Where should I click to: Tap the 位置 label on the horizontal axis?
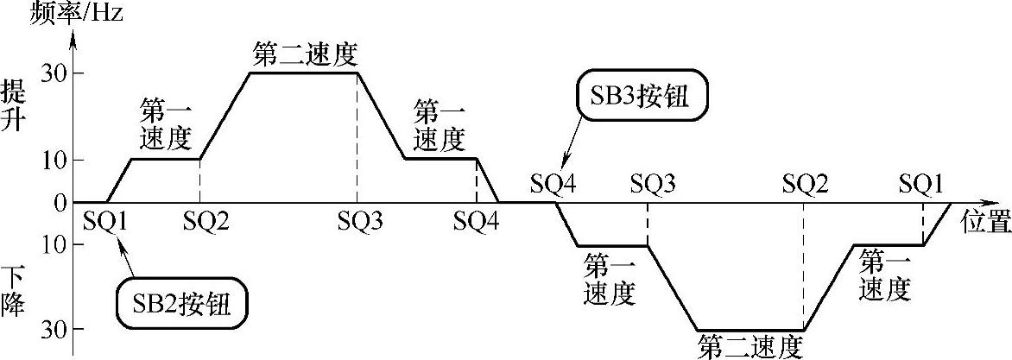tap(985, 224)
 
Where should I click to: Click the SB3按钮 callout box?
tap(640, 98)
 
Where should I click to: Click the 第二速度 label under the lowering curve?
tap(750, 346)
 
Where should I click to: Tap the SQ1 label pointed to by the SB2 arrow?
tap(106, 223)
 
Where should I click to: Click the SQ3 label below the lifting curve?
tap(360, 223)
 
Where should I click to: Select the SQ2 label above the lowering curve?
tap(805, 184)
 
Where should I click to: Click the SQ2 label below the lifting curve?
tap(206, 223)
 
